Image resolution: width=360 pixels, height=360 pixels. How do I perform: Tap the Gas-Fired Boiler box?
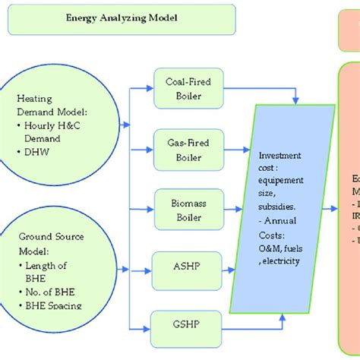184,149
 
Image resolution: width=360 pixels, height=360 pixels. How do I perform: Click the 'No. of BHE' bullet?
50,292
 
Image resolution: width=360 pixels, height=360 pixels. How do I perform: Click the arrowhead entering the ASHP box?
149,267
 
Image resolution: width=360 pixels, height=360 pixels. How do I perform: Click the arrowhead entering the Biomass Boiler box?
149,207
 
